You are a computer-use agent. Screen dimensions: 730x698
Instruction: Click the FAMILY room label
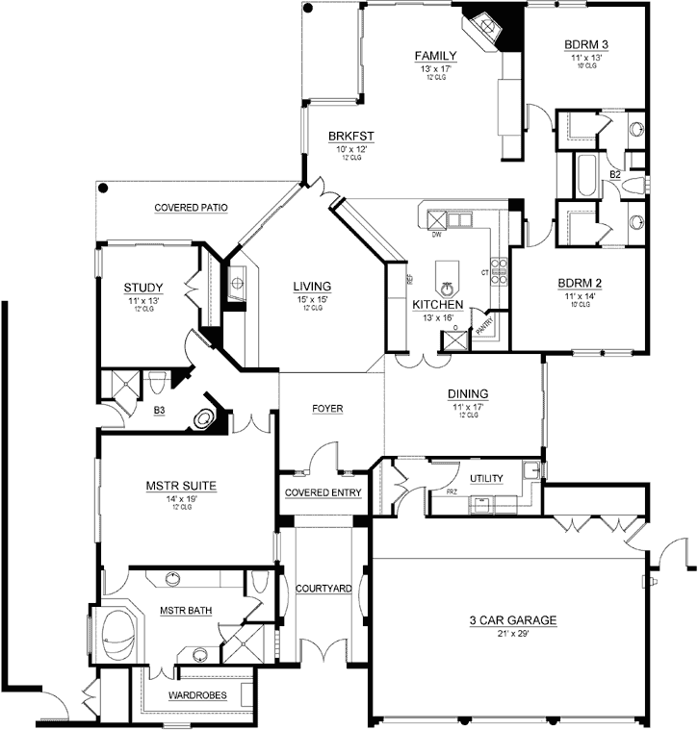tap(435, 56)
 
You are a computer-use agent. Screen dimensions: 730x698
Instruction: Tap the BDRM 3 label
tap(585, 45)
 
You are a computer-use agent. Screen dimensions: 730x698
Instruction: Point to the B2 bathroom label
tap(614, 174)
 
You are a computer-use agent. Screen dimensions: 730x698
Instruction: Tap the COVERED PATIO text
tap(191, 207)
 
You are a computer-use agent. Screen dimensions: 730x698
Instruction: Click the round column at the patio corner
tap(101, 188)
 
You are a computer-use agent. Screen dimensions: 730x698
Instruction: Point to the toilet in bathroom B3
tap(153, 382)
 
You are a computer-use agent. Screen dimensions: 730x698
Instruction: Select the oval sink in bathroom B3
tap(204, 419)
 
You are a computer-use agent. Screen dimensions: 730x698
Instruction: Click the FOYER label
tap(327, 409)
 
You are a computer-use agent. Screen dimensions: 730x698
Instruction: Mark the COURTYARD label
tap(323, 588)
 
